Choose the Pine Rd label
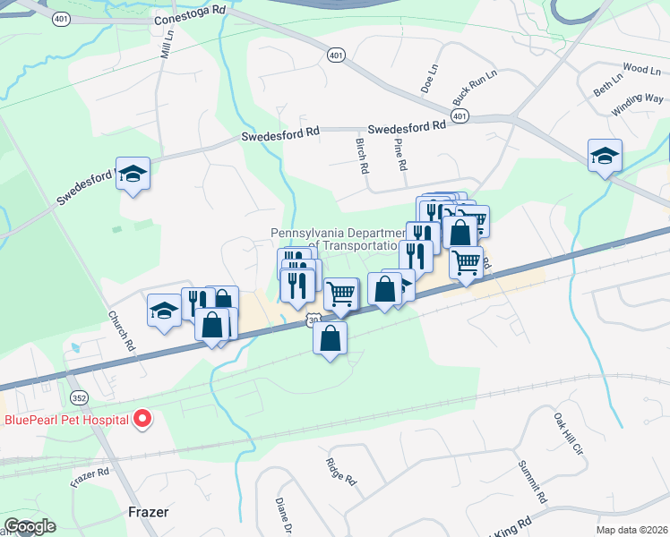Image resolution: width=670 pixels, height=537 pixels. (400, 153)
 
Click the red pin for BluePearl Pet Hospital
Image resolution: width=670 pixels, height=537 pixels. (142, 418)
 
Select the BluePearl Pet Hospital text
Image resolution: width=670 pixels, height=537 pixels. (64, 419)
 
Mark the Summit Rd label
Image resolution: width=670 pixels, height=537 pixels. (531, 482)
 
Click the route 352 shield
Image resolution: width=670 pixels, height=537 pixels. (79, 396)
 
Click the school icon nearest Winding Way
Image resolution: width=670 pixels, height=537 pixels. (605, 156)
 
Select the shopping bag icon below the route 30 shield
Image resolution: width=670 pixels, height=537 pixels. (331, 338)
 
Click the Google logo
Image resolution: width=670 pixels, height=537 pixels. (30, 526)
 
